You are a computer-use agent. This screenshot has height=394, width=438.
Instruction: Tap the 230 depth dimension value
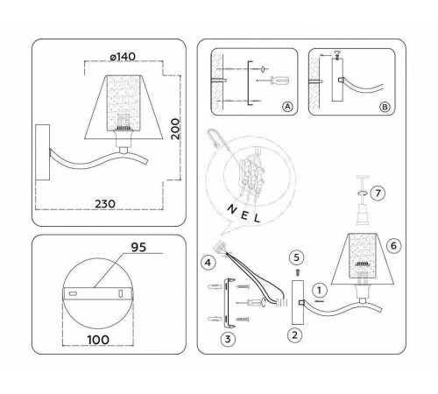[104, 203]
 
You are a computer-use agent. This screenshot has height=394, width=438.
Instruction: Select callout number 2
[295, 334]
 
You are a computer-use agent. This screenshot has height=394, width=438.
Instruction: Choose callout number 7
[377, 191]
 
